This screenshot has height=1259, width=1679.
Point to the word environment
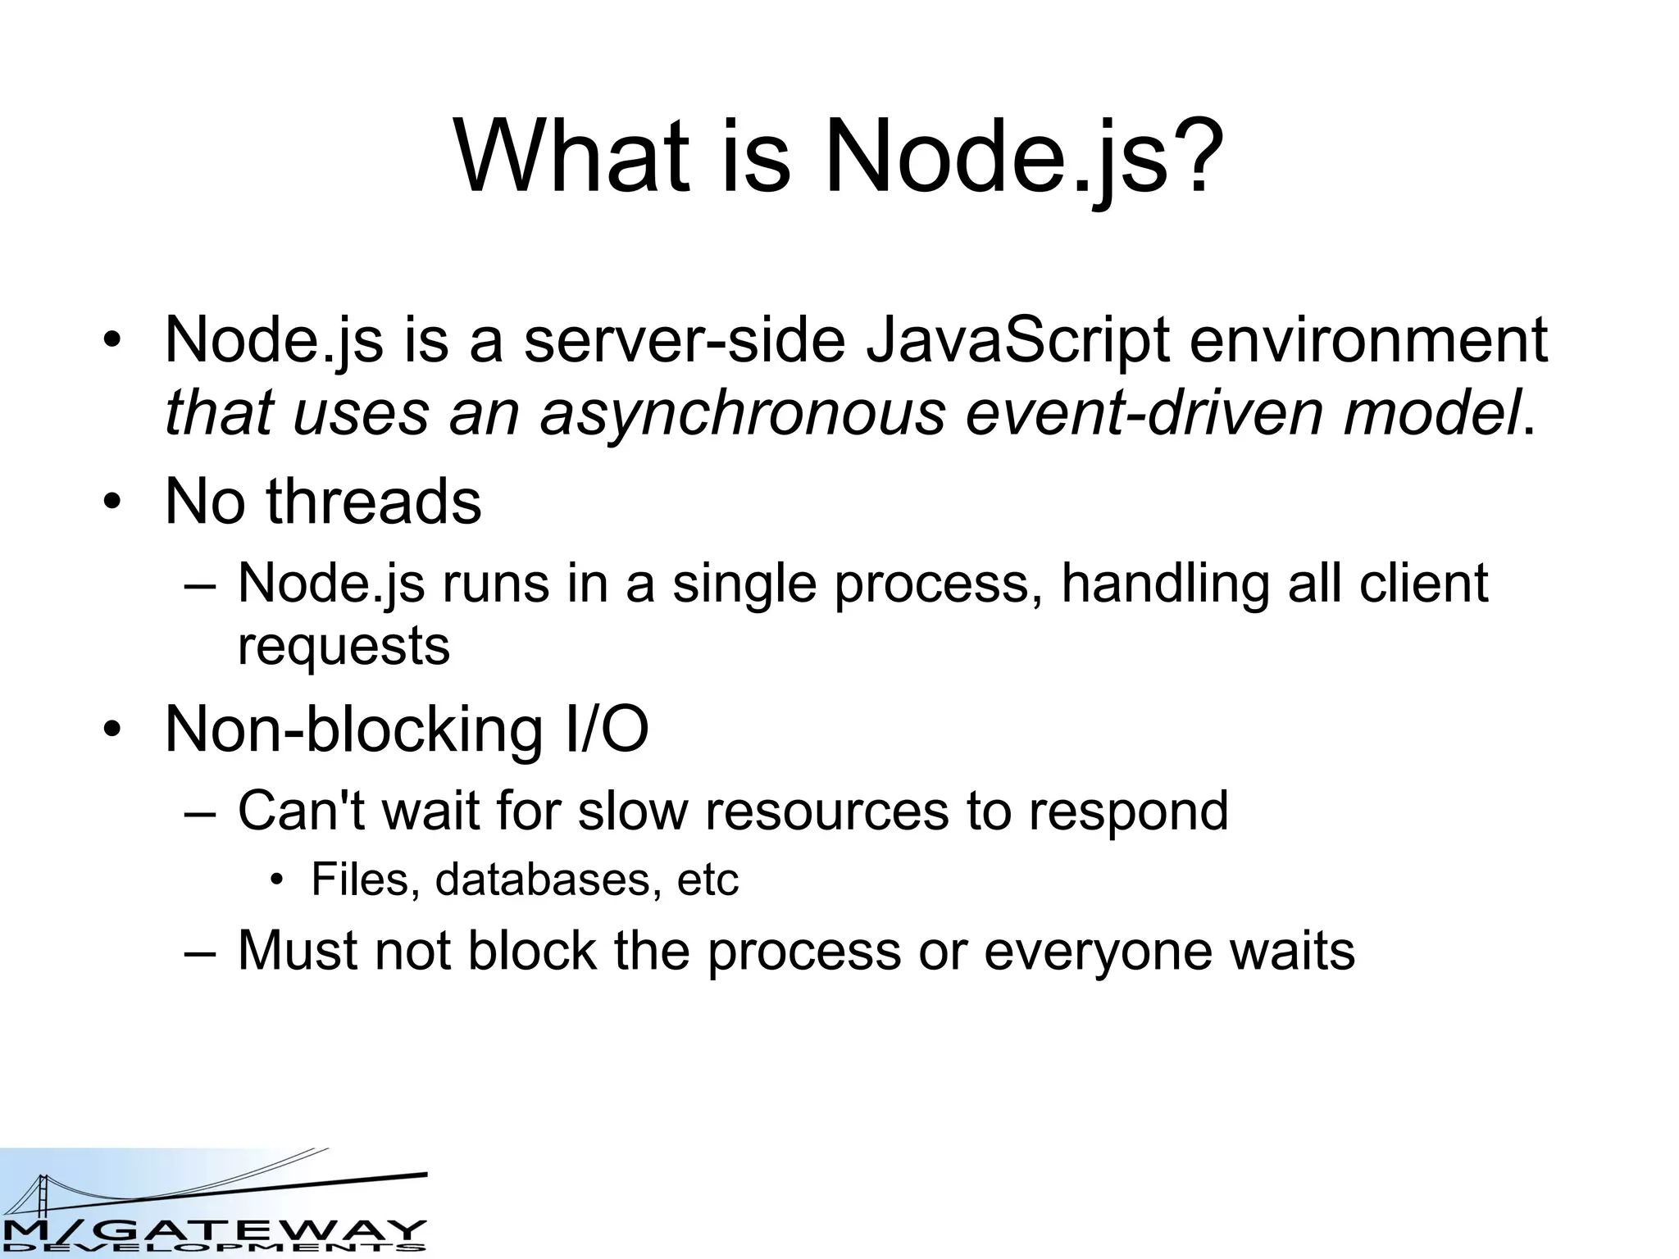pyautogui.click(x=1367, y=340)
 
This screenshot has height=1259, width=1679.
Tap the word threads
pyautogui.click(x=374, y=501)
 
